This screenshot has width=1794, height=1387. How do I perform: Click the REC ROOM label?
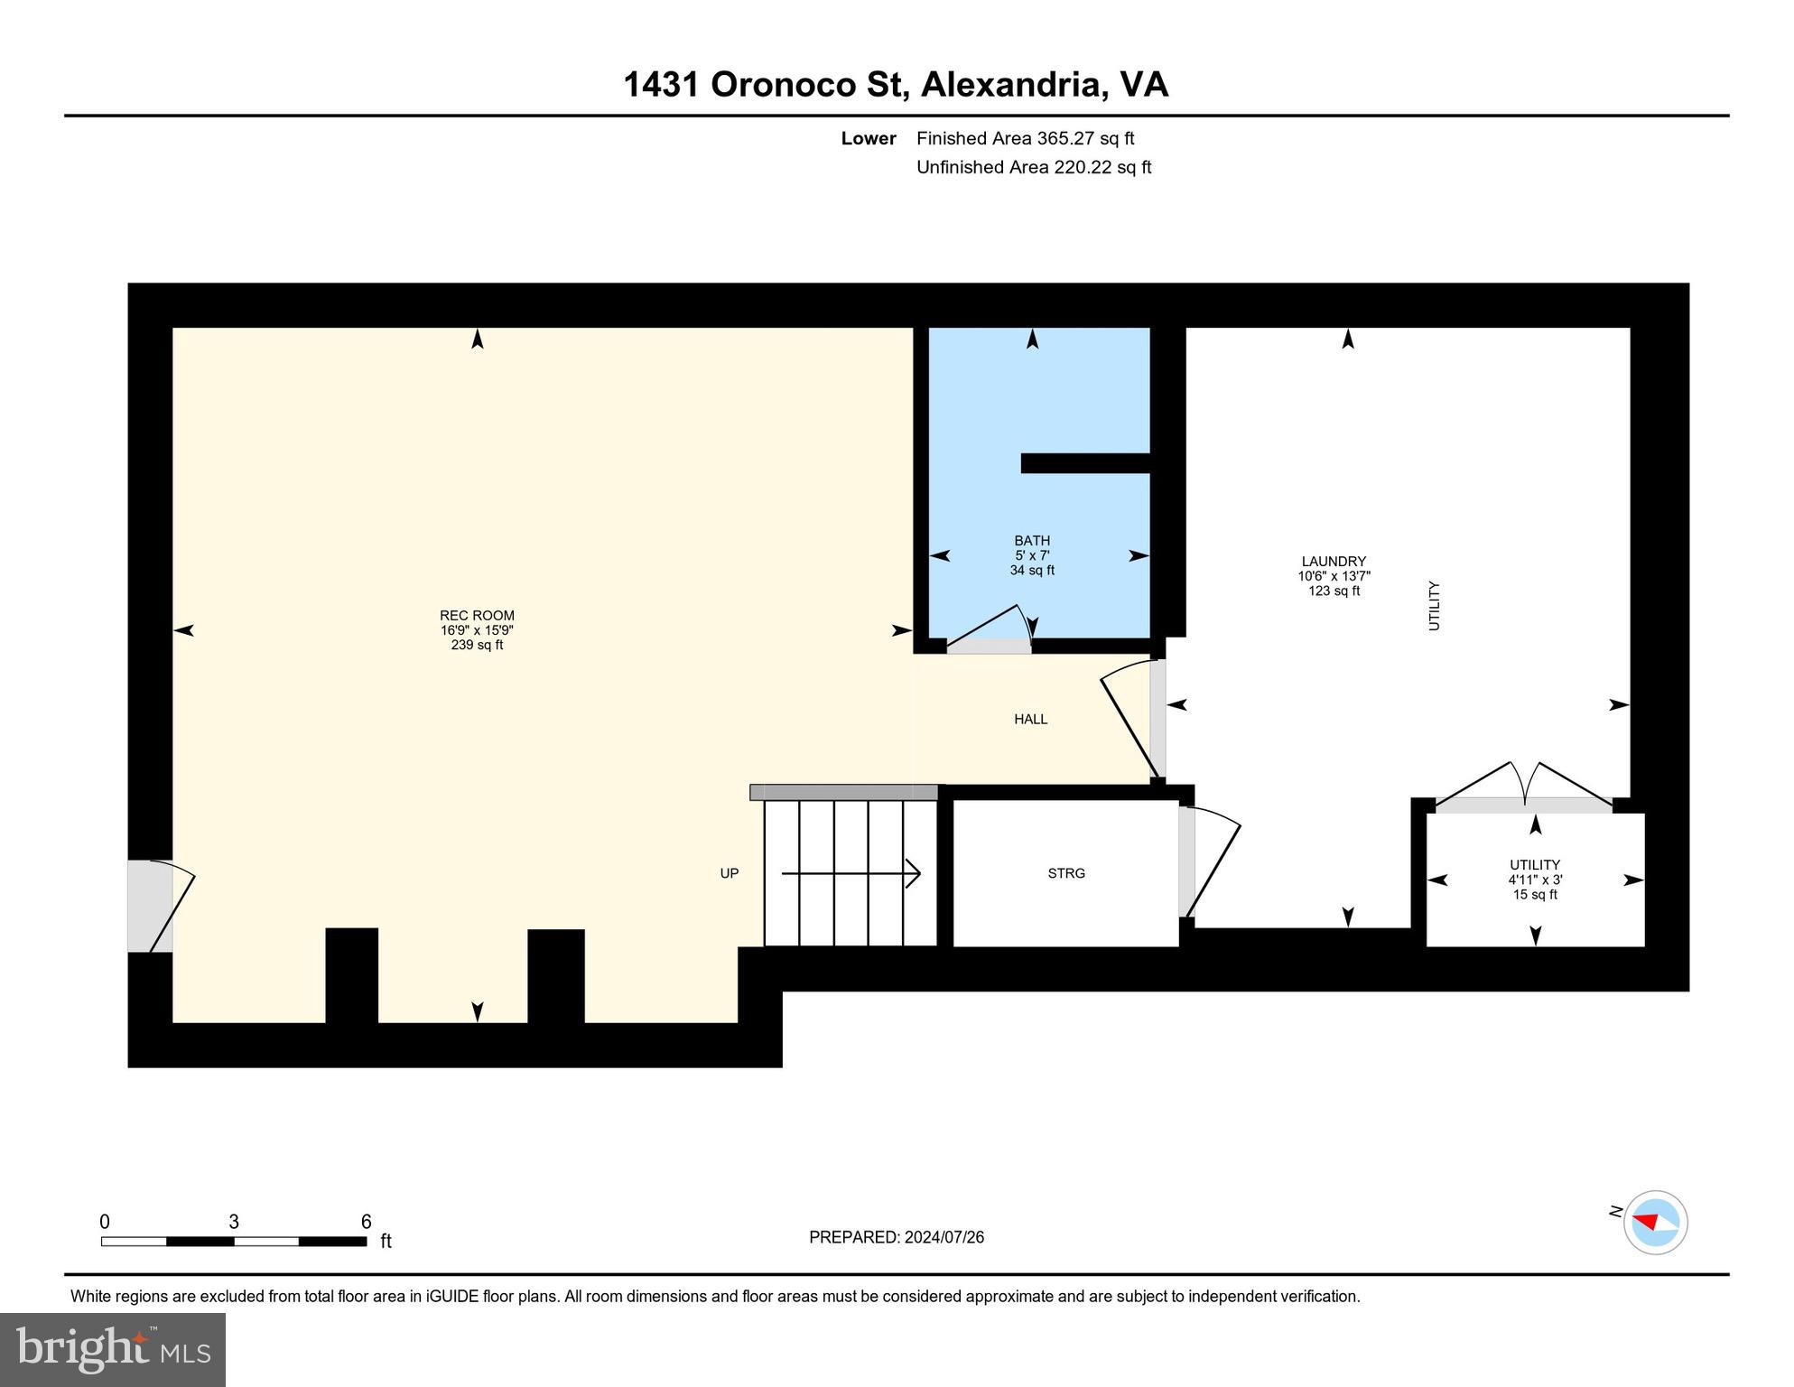tap(477, 616)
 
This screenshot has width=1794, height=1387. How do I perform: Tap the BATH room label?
tap(1032, 541)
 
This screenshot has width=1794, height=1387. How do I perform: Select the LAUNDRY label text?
tap(1334, 562)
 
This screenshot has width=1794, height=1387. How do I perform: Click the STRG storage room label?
tap(1066, 873)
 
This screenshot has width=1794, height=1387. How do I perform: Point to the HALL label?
tap(1030, 720)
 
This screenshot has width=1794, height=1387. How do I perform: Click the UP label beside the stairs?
tap(730, 873)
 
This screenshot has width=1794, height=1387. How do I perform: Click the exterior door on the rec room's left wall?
tap(158, 906)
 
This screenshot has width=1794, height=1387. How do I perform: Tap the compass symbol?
tap(1655, 1222)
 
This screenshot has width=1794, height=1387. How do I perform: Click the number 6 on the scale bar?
tap(366, 1222)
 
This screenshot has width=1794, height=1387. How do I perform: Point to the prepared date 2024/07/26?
tap(939, 1237)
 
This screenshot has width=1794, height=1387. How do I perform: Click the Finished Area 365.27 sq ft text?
tap(1025, 138)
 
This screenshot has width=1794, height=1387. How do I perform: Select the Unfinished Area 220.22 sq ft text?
tap(1033, 167)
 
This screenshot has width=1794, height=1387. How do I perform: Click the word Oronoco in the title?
tap(783, 85)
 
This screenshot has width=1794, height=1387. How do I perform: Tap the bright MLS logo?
tap(113, 1349)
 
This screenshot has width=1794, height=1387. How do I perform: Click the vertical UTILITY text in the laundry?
tap(1434, 606)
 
